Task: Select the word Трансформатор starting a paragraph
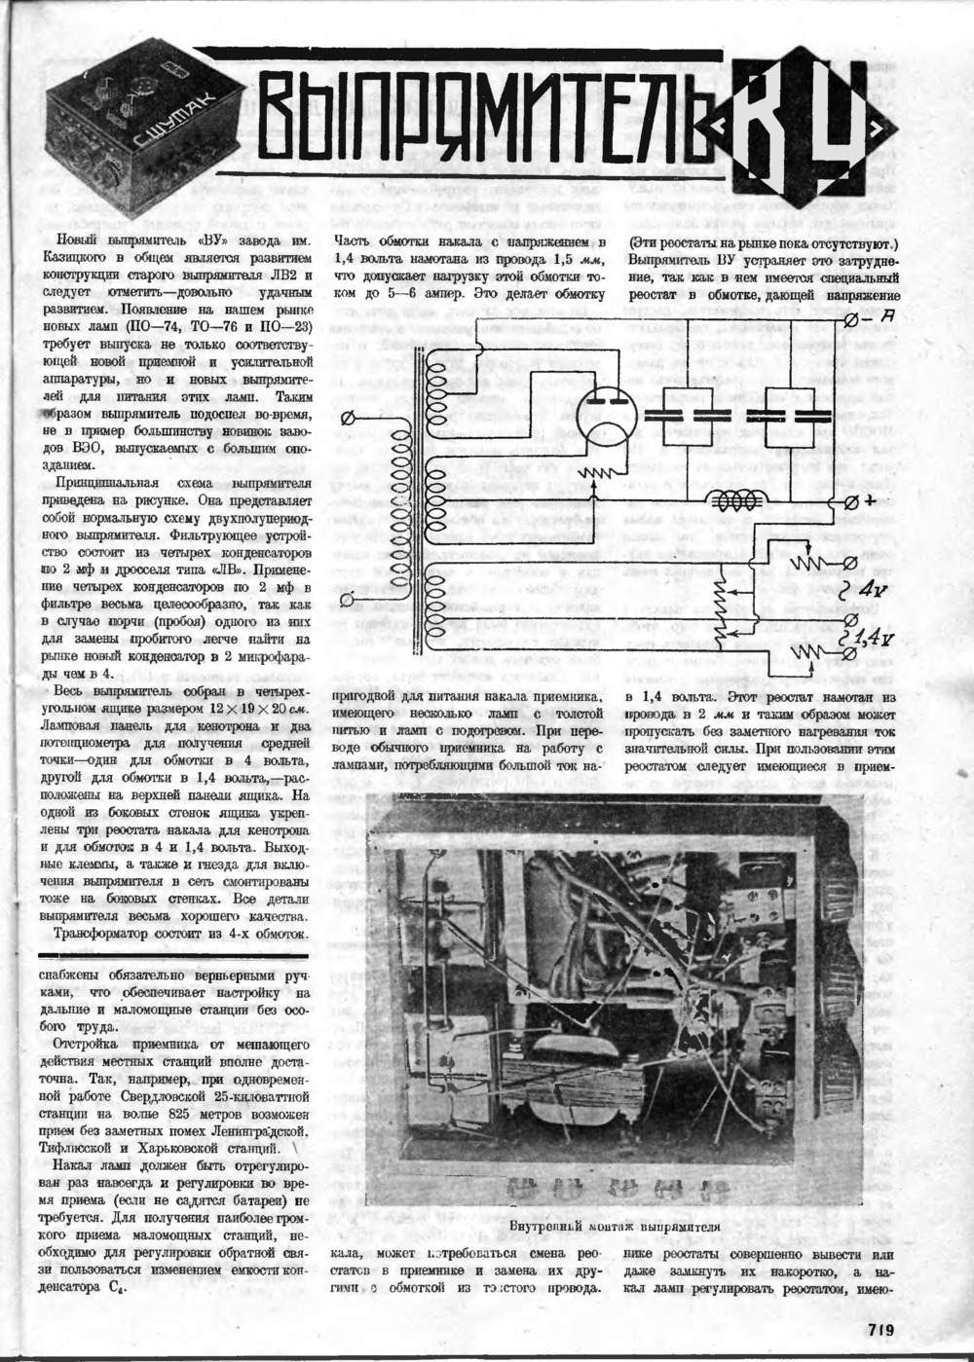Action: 107,934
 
